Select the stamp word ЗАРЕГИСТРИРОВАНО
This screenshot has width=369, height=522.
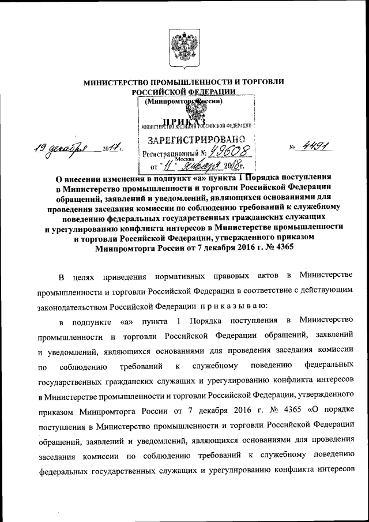(196, 139)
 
